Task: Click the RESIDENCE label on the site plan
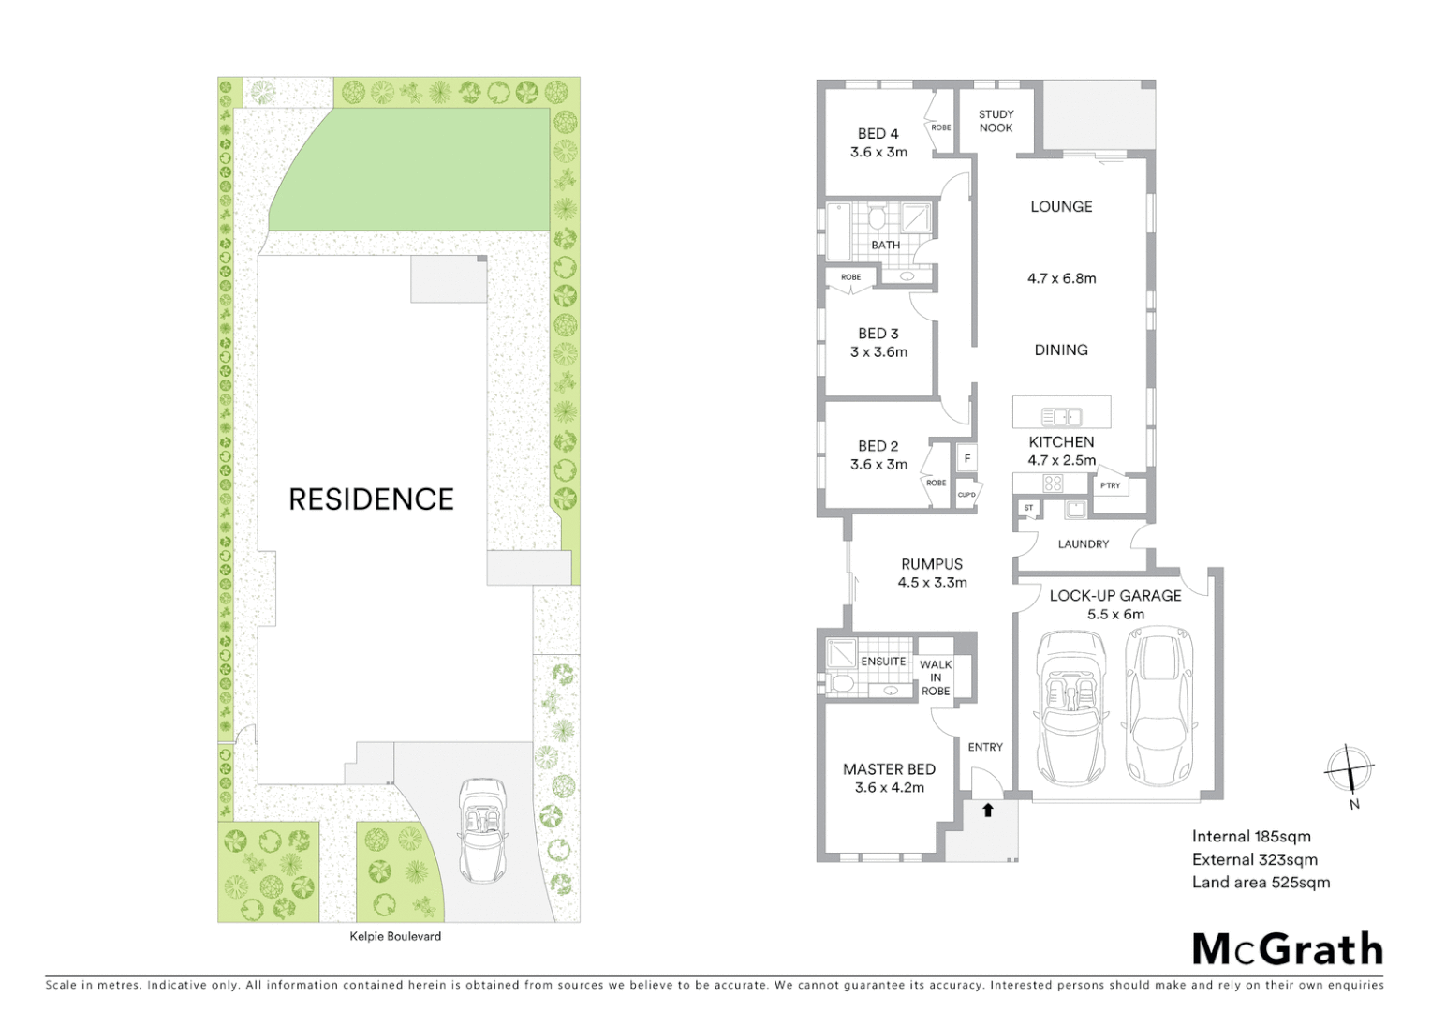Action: pos(371,499)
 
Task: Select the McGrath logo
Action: pos(1287,949)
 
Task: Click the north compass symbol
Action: pos(1349,771)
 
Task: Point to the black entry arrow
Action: pos(987,810)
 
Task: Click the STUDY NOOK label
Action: pos(996,121)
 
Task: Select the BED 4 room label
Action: pos(878,134)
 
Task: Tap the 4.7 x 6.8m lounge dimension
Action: pos(1061,278)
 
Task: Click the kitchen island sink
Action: pos(1062,416)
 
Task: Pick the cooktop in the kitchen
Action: pos(1053,484)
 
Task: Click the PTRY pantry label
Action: pos(1110,485)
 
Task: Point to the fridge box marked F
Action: pos(966,459)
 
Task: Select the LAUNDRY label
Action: pos(1083,543)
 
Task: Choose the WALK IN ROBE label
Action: pos(935,677)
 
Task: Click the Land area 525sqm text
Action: pos(1261,882)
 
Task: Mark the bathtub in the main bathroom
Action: pos(838,231)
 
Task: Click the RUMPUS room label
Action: pos(931,564)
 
